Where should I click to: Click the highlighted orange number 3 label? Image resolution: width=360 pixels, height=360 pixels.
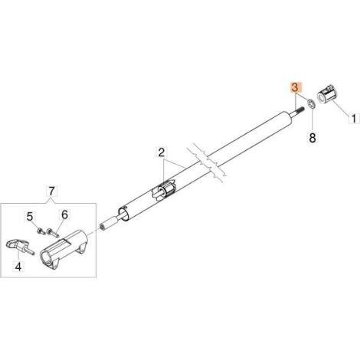(295, 87)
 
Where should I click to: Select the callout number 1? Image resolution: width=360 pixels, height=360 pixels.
(354, 119)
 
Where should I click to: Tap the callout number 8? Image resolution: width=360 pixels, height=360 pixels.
(313, 138)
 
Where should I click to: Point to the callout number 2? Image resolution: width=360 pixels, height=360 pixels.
(162, 152)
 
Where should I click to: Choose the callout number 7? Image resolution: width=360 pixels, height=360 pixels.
(51, 191)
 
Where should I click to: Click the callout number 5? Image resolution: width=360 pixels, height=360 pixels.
(30, 217)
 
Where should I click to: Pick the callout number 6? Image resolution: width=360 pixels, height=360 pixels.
(65, 214)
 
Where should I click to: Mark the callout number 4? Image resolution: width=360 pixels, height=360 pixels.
(18, 267)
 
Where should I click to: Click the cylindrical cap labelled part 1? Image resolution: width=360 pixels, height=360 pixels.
(326, 96)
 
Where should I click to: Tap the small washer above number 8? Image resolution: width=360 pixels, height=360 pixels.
(310, 104)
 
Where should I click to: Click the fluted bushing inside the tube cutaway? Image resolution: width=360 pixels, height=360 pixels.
(163, 191)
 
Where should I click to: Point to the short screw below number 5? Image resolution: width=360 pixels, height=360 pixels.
(41, 231)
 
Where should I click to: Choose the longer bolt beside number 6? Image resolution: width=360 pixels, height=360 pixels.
(52, 233)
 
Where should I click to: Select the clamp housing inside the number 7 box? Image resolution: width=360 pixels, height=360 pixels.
(64, 249)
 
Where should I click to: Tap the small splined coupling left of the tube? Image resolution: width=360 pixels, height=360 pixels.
(107, 224)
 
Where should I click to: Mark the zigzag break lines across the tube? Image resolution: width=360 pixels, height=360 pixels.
(205, 163)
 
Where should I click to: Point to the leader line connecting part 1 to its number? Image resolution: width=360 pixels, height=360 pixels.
(339, 108)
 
